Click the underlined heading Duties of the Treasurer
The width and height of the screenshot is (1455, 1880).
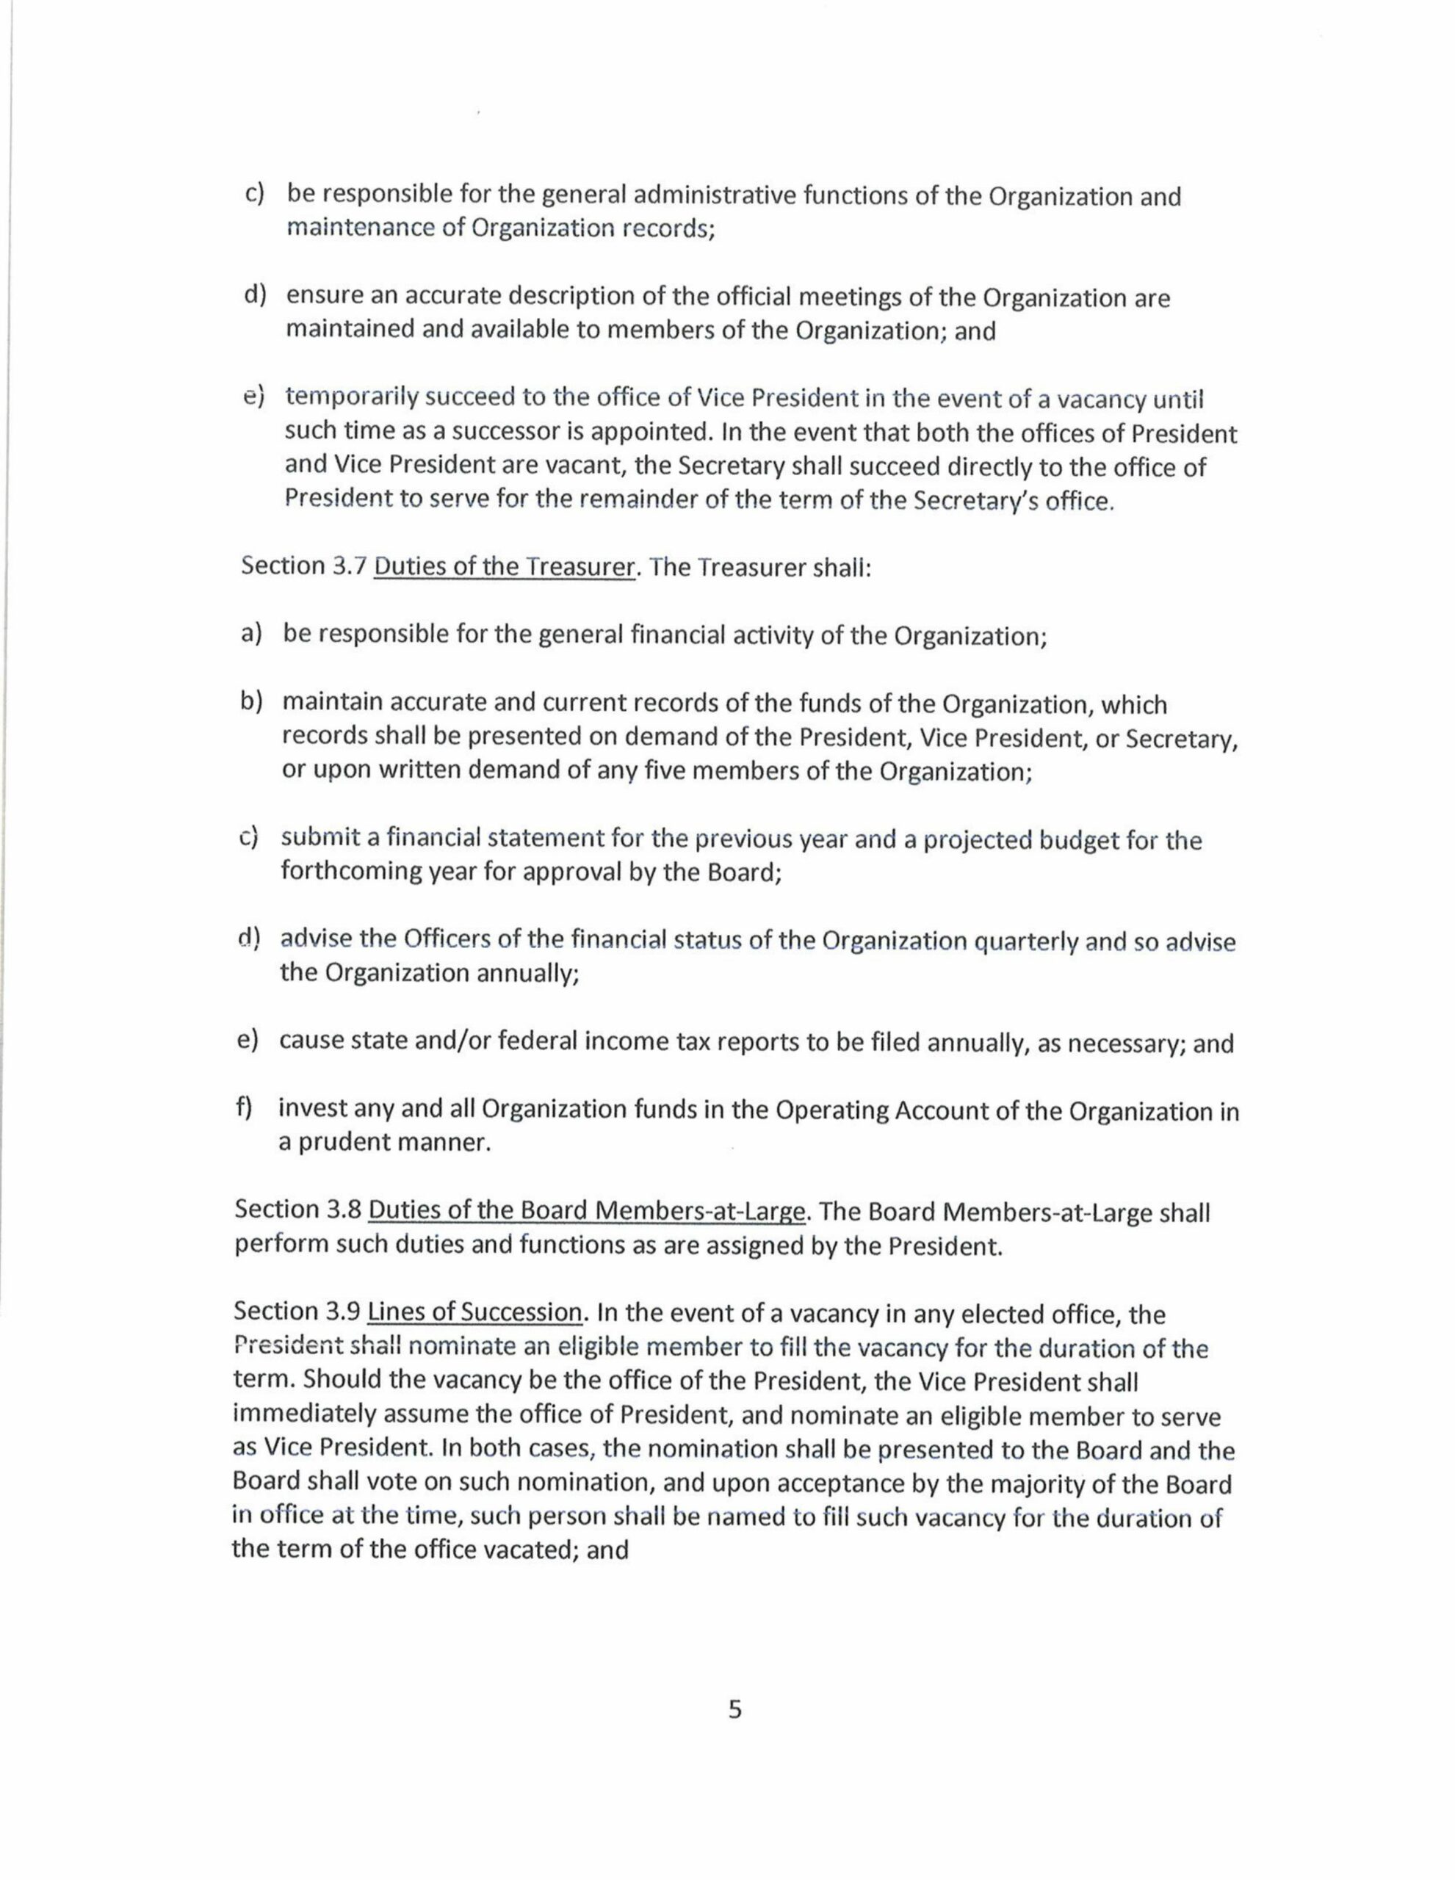(x=505, y=568)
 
